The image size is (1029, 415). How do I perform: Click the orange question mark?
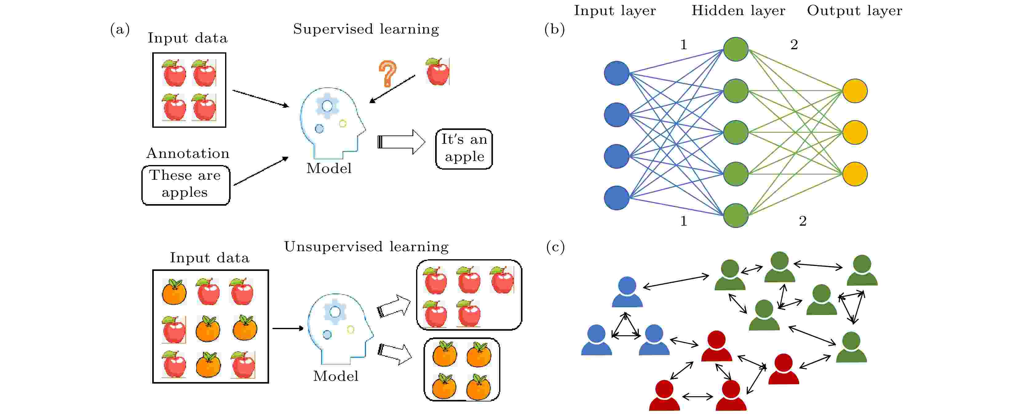coord(387,74)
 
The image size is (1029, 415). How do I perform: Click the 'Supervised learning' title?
coord(366,29)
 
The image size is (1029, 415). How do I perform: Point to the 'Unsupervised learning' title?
coord(366,247)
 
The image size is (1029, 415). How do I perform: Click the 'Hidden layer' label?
coord(738,11)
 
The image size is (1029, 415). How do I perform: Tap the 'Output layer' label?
coord(854,11)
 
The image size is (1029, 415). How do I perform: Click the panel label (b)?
coord(554,29)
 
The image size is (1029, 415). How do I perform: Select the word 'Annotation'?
coord(188,153)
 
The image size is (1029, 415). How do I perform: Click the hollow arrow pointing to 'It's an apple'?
coord(401,142)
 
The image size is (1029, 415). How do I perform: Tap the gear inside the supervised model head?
coord(327,106)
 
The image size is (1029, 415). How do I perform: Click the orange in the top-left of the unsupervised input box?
coord(174,292)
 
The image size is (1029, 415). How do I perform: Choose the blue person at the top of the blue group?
coord(627,292)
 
